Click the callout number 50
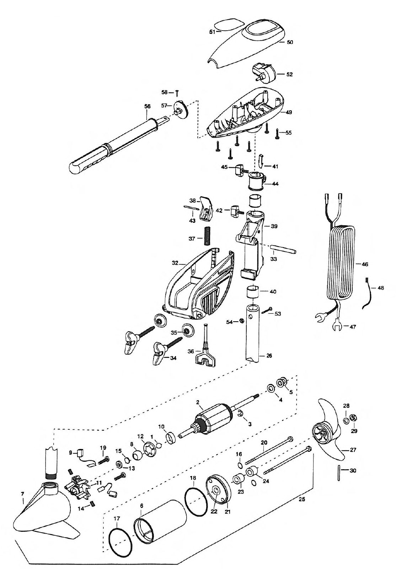(289, 42)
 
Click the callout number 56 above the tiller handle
(147, 106)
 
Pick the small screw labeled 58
(177, 92)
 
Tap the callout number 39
(274, 226)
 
